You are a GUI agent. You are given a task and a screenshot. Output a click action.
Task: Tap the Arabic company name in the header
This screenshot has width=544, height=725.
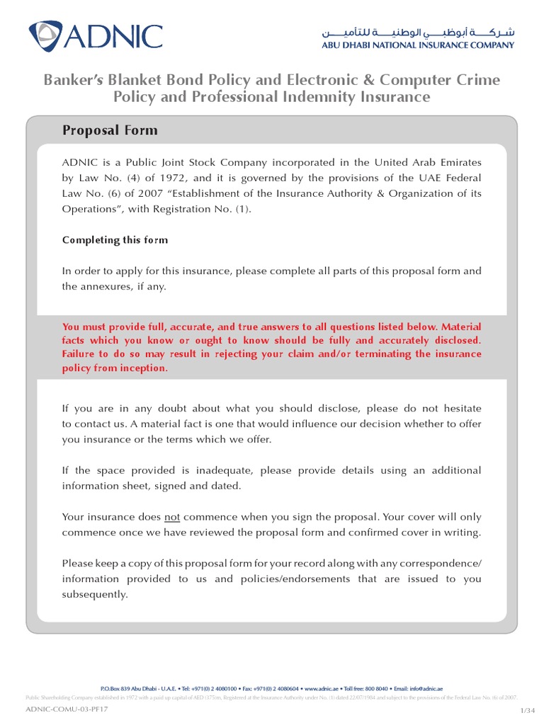[x=418, y=33]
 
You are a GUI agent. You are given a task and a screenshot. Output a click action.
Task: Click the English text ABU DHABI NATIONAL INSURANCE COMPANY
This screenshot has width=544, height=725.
[x=418, y=46]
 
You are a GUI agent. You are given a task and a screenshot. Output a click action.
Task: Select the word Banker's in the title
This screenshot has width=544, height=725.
[x=76, y=79]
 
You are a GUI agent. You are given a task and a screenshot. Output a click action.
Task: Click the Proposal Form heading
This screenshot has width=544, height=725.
[x=110, y=130]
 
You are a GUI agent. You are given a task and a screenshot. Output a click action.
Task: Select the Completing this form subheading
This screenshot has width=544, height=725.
[x=115, y=240]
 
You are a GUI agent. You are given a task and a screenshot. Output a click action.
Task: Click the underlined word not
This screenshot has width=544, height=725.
[x=171, y=517]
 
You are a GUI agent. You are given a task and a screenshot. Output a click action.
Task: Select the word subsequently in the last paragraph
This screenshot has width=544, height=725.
[x=95, y=594]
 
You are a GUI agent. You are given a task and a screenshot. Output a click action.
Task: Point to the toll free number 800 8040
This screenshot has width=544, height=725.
[x=373, y=688]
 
